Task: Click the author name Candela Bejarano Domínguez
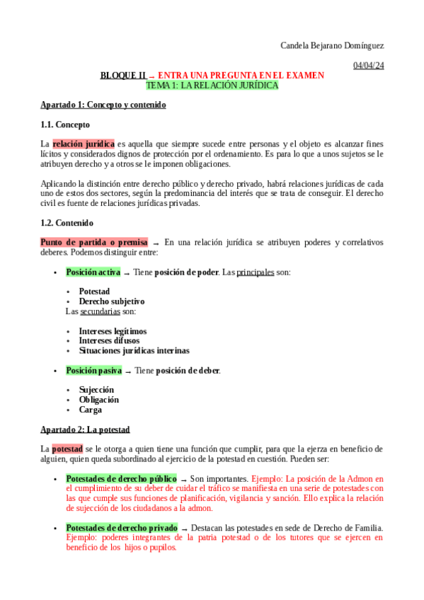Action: (332, 46)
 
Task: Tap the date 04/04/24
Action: (368, 66)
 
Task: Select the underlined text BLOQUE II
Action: (123, 75)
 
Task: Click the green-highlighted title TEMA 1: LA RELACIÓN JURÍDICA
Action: (212, 85)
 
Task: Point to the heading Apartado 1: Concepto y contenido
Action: (103, 105)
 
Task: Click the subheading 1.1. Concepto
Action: (65, 125)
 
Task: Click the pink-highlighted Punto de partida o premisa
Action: (94, 242)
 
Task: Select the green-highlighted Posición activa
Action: (93, 272)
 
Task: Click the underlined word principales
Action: (255, 272)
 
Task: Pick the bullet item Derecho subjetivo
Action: (111, 301)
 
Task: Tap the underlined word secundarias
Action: (99, 311)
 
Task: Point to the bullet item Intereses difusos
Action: (109, 340)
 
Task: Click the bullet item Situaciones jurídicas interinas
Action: (134, 350)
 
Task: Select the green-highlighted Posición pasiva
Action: (93, 370)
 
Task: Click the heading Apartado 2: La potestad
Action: (85, 429)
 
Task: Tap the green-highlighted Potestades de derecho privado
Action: (122, 527)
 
